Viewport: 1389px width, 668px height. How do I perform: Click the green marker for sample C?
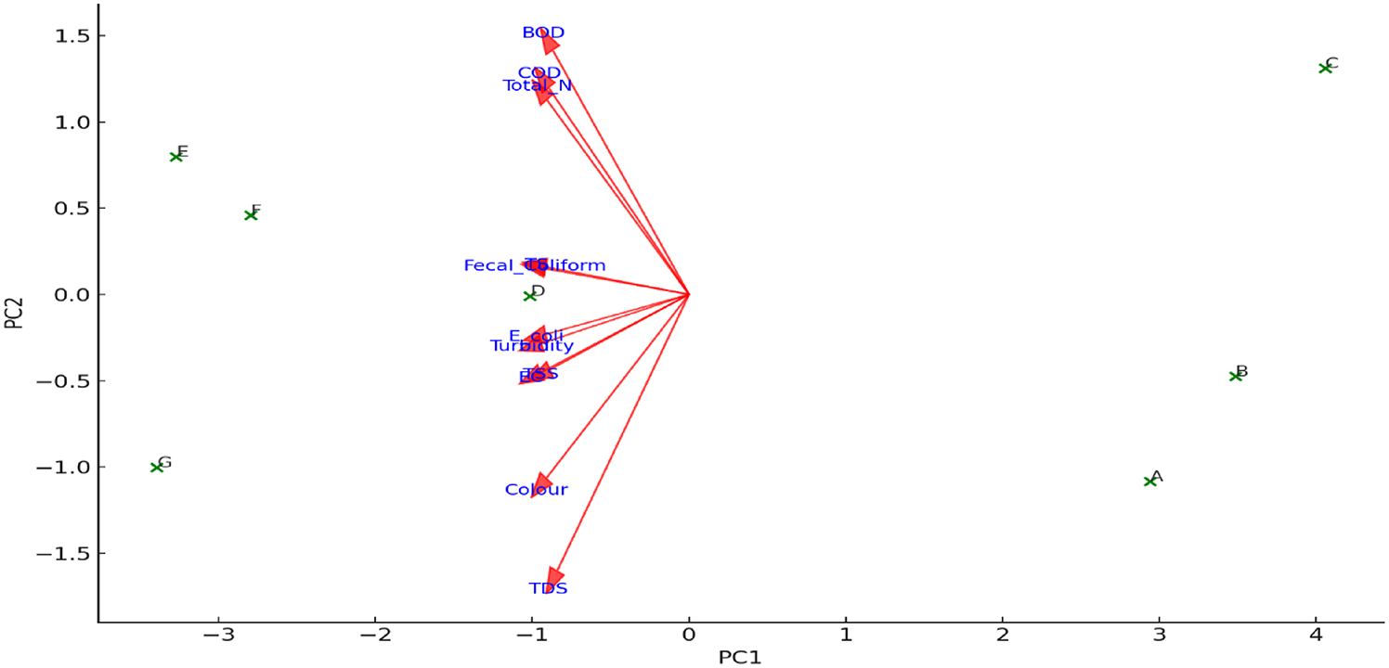point(1325,68)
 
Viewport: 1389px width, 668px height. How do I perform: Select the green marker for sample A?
point(1149,481)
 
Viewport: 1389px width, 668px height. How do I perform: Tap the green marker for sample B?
point(1235,376)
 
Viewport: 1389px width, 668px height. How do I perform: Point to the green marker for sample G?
point(157,467)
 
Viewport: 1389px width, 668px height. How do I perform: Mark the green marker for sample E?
point(175,156)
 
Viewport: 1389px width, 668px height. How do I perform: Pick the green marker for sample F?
point(250,215)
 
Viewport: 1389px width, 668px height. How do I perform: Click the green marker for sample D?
point(530,296)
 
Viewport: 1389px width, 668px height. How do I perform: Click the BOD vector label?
point(543,32)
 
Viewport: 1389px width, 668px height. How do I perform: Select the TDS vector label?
point(548,588)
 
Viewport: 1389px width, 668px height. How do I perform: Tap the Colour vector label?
point(536,490)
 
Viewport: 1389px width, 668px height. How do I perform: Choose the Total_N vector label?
point(537,86)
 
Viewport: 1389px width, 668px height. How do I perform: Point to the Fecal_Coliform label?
point(535,266)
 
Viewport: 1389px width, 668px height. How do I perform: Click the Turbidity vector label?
point(532,346)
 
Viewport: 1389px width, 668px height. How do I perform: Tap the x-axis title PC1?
point(740,658)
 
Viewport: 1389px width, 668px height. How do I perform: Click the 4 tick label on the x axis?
point(1315,635)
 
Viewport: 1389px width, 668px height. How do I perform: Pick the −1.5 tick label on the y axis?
point(61,554)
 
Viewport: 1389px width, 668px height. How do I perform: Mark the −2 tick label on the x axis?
point(374,635)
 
